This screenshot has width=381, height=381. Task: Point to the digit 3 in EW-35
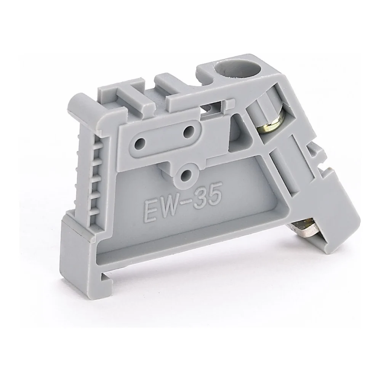(204, 199)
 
